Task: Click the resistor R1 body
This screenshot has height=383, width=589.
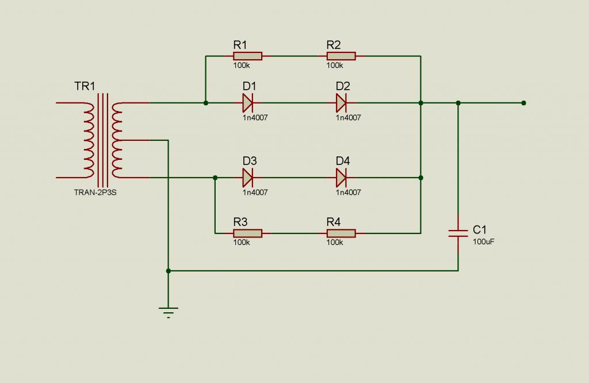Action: click(247, 56)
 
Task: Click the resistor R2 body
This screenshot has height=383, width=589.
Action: click(341, 56)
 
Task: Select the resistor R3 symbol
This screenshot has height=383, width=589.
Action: click(247, 233)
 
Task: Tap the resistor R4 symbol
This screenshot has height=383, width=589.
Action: click(341, 233)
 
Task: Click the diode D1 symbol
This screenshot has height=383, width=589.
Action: click(248, 104)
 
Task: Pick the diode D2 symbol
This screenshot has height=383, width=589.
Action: click(341, 104)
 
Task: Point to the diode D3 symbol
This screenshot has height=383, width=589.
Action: click(248, 178)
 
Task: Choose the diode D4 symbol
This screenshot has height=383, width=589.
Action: click(341, 178)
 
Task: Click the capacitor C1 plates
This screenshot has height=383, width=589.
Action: click(458, 233)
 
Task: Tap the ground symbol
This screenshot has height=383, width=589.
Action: click(169, 312)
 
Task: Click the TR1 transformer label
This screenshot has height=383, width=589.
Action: click(85, 87)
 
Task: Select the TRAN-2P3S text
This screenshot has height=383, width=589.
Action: click(95, 193)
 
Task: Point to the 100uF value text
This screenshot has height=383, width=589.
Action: click(484, 242)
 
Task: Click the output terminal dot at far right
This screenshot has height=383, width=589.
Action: click(523, 103)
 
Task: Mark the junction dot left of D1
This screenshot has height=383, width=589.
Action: click(206, 103)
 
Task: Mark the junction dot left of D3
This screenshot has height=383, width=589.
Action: click(215, 178)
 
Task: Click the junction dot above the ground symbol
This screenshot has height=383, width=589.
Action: click(169, 270)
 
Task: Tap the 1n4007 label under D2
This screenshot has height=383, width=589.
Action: click(349, 118)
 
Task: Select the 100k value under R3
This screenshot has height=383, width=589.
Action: click(242, 243)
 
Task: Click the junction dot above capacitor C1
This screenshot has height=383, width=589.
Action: click(458, 103)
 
